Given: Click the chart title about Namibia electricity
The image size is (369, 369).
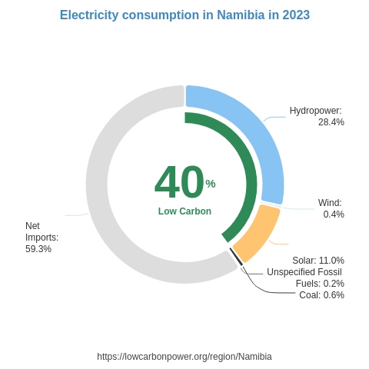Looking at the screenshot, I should [x=184, y=15].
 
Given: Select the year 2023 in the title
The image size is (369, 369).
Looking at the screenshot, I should [x=295, y=15].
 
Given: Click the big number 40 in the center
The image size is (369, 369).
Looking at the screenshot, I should [x=179, y=183].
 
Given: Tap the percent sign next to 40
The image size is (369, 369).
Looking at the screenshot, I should [x=211, y=184].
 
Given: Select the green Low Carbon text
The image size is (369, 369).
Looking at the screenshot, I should [x=184, y=211].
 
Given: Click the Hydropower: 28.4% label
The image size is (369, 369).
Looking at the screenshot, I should [x=316, y=116].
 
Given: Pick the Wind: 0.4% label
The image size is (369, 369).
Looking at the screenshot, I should [x=331, y=208].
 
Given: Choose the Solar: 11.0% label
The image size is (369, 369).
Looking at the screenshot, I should [x=317, y=261].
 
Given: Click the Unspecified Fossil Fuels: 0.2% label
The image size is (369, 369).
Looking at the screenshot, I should [x=305, y=278].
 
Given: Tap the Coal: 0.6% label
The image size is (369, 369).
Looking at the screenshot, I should [x=321, y=295].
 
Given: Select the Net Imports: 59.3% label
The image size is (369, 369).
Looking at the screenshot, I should [x=42, y=237].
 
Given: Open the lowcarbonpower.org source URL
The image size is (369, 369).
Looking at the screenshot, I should [x=184, y=357].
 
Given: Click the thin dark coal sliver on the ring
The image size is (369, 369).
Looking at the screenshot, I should [x=236, y=257].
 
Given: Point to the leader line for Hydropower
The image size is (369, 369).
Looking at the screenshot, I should [x=273, y=118].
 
